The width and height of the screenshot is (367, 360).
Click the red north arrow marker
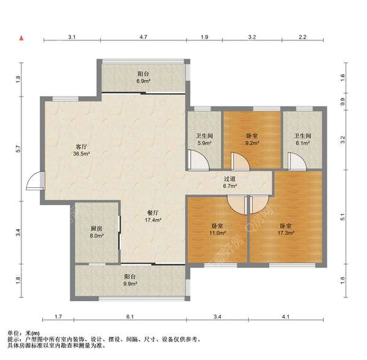coord(21,38)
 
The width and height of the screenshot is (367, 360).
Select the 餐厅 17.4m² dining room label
coord(153,216)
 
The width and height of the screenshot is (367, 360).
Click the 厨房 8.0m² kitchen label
coord(97,232)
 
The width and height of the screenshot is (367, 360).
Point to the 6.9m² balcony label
coord(144,78)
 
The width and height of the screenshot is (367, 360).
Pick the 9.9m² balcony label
coord(130,280)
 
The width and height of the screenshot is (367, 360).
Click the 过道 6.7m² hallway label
coord(229,182)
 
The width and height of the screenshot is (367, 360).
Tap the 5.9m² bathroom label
coord(204,140)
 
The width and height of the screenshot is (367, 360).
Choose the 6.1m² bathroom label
coord(303,140)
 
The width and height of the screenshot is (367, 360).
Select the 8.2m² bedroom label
coord(252,140)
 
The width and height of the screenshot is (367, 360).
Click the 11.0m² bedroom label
coord(217,230)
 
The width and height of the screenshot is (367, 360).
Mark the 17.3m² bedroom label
coord(286,230)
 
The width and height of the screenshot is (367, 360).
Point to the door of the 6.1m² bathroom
coord(297,161)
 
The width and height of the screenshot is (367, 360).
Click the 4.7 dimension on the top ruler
coord(144,37)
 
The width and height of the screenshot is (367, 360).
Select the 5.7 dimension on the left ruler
coord(18,149)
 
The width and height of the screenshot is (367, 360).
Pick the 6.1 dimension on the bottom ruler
coord(130,317)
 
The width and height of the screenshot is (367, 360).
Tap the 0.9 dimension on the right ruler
coord(343,102)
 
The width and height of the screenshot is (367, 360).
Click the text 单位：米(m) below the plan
coord(24,333)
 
